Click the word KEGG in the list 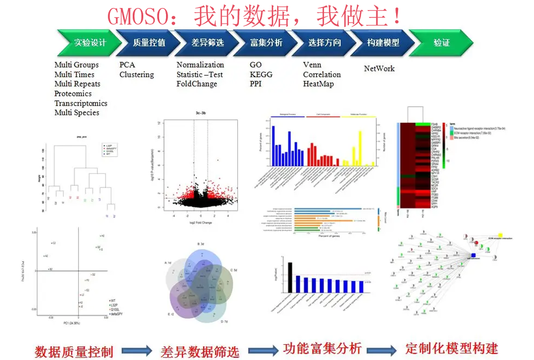click(x=261, y=75)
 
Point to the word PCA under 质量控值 click(x=127, y=65)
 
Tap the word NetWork click(x=379, y=69)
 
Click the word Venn click(x=312, y=65)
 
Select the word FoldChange click(x=197, y=84)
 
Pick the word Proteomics click(x=73, y=94)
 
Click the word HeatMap click(x=318, y=84)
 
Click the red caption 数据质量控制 click(x=74, y=350)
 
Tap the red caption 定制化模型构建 click(x=452, y=348)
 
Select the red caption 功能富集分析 click(x=322, y=348)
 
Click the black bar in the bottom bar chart click(x=290, y=278)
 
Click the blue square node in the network click(x=473, y=255)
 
